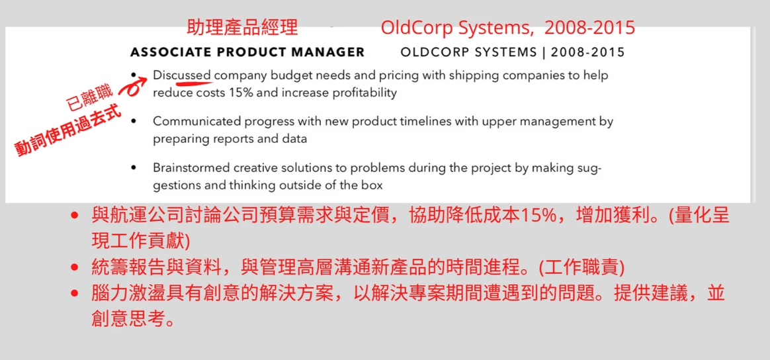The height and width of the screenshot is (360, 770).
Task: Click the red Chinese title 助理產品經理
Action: pos(243,28)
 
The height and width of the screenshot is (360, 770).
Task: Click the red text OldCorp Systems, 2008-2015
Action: pos(508,28)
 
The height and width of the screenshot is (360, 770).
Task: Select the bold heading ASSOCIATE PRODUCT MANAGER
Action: pos(247,52)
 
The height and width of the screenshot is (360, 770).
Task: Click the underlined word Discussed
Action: pos(182,75)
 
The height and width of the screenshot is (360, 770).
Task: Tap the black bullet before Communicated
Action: pos(134,122)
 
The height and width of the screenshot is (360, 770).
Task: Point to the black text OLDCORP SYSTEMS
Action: pos(468,52)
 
